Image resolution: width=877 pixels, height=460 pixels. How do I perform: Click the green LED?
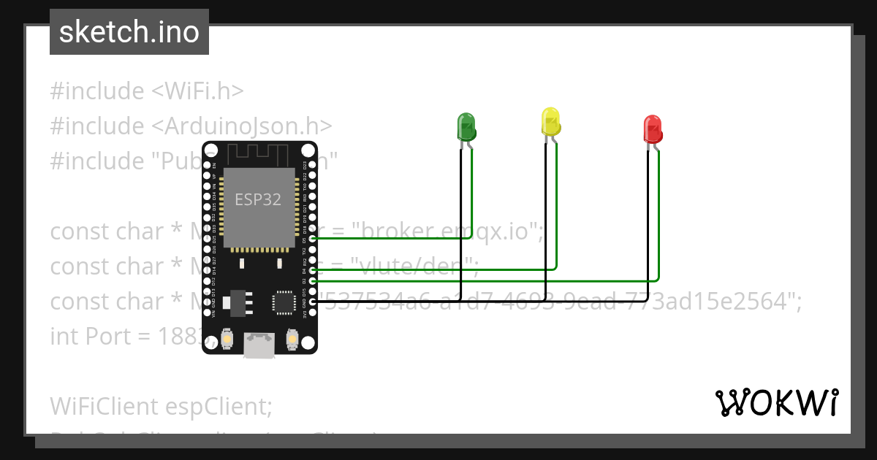click(466, 127)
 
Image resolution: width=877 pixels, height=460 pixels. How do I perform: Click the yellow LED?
click(550, 122)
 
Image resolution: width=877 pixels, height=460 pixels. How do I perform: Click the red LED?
click(652, 129)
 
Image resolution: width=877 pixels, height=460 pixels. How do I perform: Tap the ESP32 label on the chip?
click(257, 199)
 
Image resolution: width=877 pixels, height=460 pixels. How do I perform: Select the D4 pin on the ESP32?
click(313, 270)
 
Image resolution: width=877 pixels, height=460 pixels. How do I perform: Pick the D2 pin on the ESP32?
click(313, 280)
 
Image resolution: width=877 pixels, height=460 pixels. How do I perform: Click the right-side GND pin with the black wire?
click(313, 302)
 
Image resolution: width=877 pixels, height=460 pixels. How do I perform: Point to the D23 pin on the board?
click(313, 165)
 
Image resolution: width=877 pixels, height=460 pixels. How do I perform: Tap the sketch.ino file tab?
click(129, 32)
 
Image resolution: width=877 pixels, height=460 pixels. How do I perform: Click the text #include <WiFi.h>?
click(146, 91)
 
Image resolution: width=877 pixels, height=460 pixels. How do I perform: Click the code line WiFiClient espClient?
click(161, 406)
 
